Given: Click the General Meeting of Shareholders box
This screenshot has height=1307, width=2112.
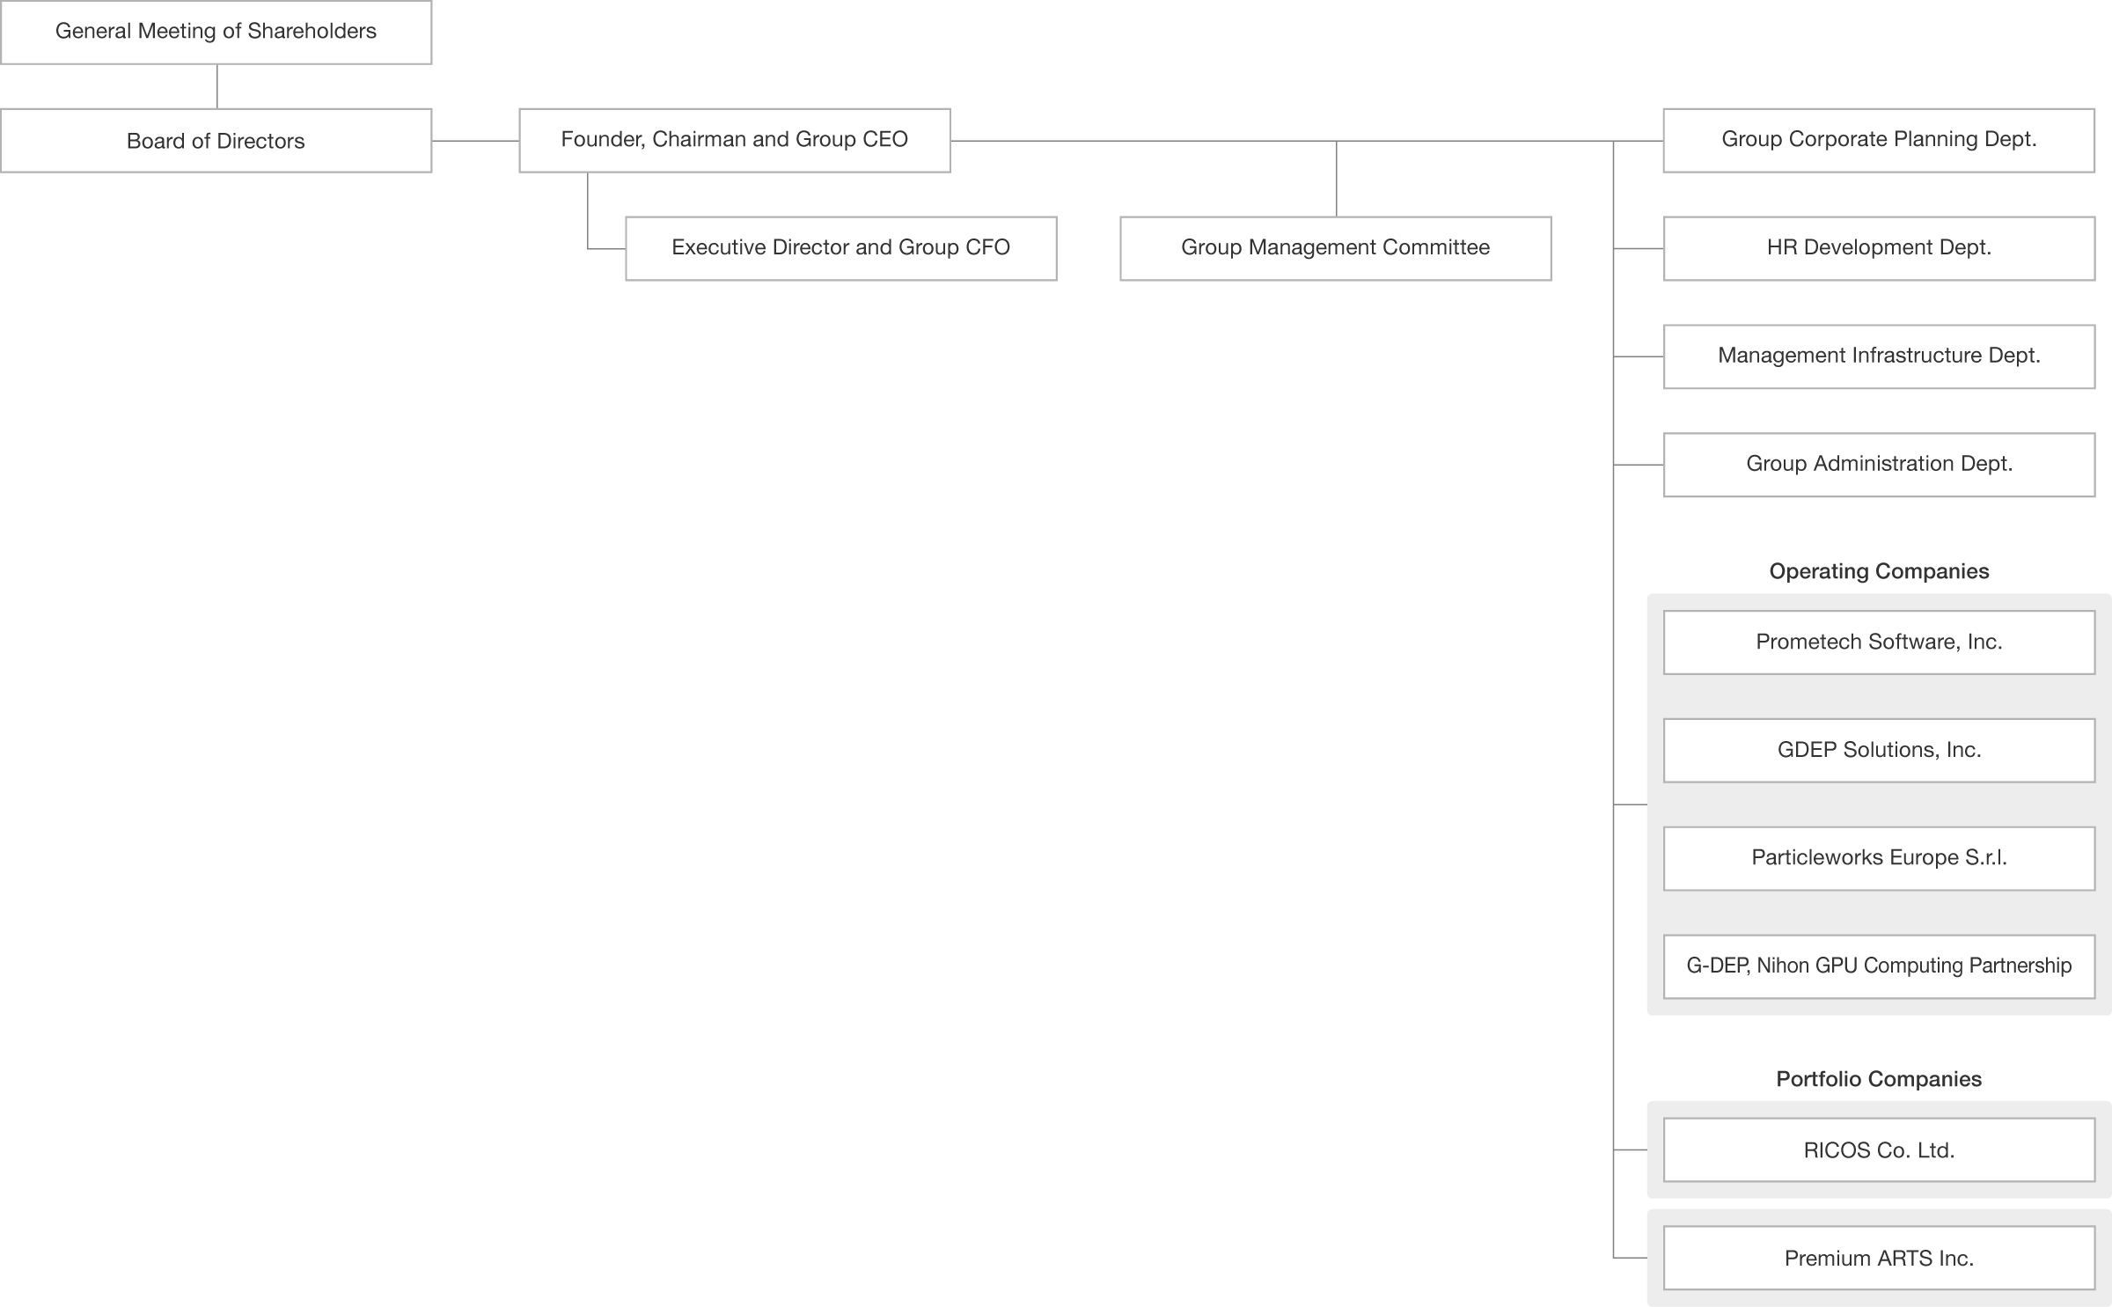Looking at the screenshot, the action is click(216, 33).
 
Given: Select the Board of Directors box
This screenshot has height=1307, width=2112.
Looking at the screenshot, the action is click(216, 141).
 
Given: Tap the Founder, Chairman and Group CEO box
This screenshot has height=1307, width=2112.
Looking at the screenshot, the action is click(735, 141).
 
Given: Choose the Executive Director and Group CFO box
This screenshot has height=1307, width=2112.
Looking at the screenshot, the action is click(841, 249).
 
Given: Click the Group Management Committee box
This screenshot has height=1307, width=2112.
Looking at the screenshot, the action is click(1336, 249).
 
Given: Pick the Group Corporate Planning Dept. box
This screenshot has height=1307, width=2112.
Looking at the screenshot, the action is click(1879, 141).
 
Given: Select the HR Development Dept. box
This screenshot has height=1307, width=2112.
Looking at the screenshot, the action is click(1879, 249).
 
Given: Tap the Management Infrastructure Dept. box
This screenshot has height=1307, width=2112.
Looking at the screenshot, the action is click(1879, 356).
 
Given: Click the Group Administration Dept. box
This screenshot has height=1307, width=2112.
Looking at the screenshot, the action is click(1879, 465).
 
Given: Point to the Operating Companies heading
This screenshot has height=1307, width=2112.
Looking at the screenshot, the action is click(1879, 571).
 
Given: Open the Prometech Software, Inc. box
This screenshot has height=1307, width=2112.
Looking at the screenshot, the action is click(1879, 642).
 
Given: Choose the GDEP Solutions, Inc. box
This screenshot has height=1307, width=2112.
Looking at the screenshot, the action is click(1879, 751).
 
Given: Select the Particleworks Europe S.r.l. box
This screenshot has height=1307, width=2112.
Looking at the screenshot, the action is click(1879, 858).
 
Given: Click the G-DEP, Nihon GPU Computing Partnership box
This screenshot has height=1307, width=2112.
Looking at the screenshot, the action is click(1879, 966).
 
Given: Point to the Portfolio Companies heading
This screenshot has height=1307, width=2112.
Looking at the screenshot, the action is click(1879, 1079).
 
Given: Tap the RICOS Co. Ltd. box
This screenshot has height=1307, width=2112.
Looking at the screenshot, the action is click(1879, 1150).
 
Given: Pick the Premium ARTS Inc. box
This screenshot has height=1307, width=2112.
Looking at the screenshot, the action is click(1879, 1259).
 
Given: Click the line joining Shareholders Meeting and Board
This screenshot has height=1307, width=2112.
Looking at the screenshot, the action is click(217, 86).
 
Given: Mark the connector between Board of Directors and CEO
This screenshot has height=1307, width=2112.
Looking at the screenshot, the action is click(475, 141).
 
